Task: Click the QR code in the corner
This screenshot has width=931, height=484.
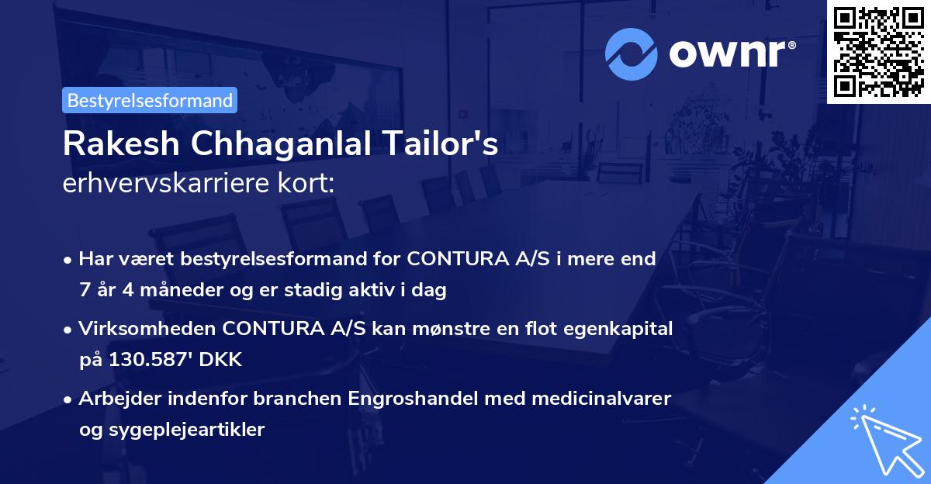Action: click(x=879, y=51)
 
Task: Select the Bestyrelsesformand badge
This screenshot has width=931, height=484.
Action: click(x=150, y=100)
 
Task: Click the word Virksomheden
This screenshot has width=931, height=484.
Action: click(x=147, y=329)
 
